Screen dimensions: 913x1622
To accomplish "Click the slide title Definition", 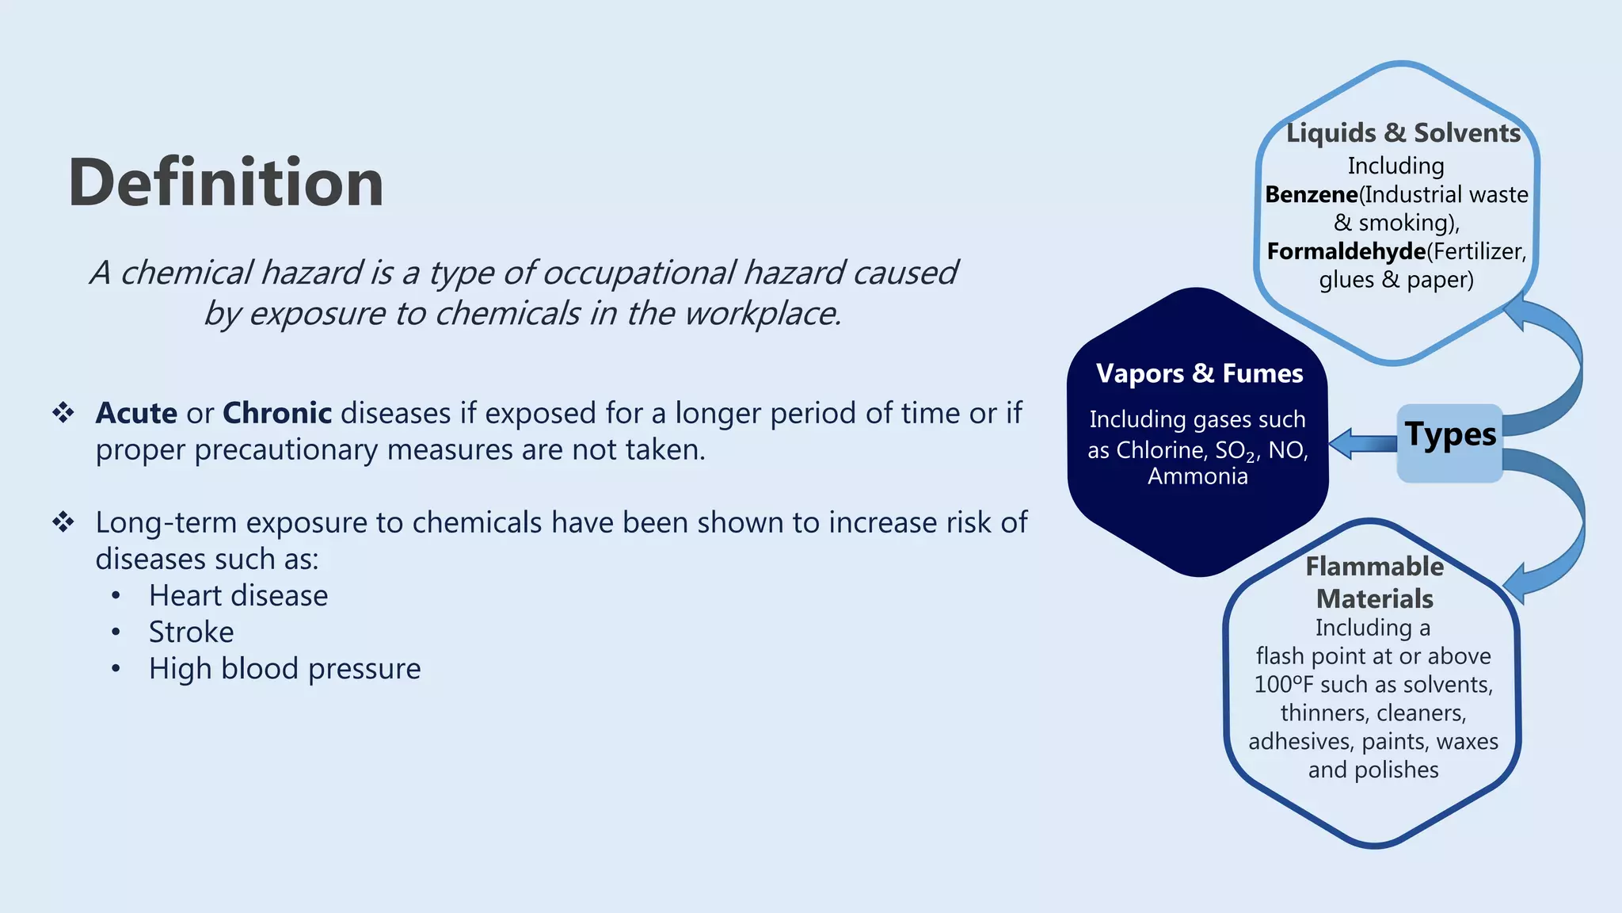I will pos(226,183).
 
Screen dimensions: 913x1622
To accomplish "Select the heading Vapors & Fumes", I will pos(1199,373).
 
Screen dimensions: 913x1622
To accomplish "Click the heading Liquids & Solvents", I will pos(1403,132).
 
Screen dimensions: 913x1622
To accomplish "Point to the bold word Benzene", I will pos(1311,194).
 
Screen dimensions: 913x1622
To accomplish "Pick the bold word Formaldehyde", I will pos(1346,251).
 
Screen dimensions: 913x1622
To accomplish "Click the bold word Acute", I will pos(136,413).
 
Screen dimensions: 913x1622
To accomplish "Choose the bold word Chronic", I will pos(277,413).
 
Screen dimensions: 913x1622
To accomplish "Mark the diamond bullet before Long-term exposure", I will pos(63,521).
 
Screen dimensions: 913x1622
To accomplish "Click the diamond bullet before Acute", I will pos(63,412).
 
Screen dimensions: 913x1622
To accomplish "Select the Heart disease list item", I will pos(238,595).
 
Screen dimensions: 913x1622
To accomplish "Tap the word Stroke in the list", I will pos(191,632).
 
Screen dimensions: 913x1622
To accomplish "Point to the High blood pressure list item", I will pos(284,668).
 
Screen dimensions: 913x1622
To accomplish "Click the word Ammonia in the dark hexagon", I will pos(1197,476).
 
